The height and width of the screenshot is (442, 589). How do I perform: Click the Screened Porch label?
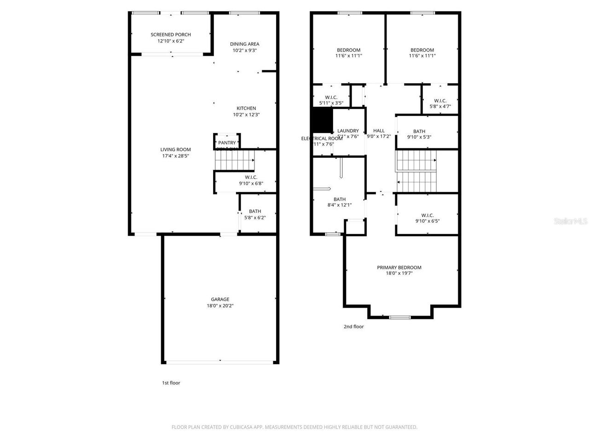171,35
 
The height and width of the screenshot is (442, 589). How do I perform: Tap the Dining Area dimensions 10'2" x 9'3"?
244,51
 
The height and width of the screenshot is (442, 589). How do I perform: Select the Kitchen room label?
246,109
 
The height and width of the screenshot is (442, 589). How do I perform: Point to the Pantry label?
227,143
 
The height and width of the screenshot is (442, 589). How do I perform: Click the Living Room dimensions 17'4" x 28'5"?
175,156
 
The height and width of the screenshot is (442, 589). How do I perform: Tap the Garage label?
220,299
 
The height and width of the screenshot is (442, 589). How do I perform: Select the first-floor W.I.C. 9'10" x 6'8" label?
251,177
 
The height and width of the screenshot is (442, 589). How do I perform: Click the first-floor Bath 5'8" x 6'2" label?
255,211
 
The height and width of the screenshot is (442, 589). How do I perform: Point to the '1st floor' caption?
171,383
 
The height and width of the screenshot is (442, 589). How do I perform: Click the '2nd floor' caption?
353,326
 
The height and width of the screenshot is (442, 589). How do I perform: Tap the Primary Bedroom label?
399,268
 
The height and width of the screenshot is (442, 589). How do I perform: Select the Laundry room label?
348,131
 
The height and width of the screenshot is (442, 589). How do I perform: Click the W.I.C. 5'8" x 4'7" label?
440,101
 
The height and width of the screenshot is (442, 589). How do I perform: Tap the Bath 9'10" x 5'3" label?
419,131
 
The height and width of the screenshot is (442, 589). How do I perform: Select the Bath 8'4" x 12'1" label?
340,199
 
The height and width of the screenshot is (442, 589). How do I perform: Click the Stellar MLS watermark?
571,221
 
